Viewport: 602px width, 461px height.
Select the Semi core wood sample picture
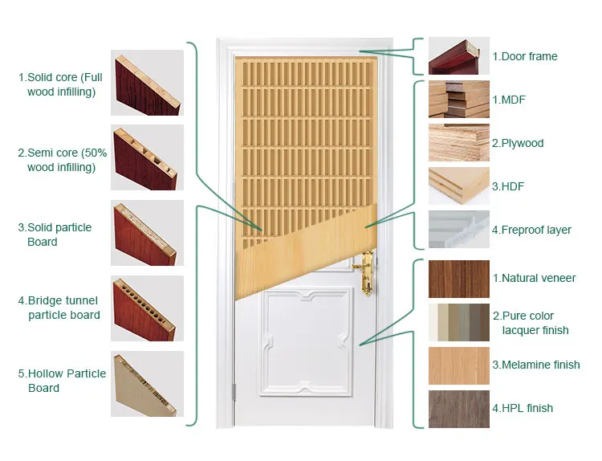tap(147, 157)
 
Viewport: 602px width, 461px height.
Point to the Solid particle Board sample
tap(147, 232)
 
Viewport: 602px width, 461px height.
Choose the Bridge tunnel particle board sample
tap(147, 308)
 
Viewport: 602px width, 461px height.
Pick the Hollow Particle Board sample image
tap(147, 383)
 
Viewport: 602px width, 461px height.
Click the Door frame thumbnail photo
tap(458, 56)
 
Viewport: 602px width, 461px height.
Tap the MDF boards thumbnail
tap(458, 100)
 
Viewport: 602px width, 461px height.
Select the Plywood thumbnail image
tap(458, 143)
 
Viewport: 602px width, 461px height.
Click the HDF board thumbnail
tap(458, 186)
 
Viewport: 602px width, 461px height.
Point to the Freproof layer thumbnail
tap(458, 230)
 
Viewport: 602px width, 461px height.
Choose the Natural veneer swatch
tap(458, 279)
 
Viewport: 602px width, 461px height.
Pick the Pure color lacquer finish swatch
tap(458, 323)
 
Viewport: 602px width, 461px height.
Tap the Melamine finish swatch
tap(458, 365)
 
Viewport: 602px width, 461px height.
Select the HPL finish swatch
tap(458, 409)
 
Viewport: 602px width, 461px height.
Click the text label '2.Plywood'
tap(518, 144)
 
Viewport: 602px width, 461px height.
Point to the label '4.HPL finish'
tap(523, 409)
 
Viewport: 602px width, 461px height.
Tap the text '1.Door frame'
tap(524, 57)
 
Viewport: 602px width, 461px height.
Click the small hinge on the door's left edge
tap(234, 390)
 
